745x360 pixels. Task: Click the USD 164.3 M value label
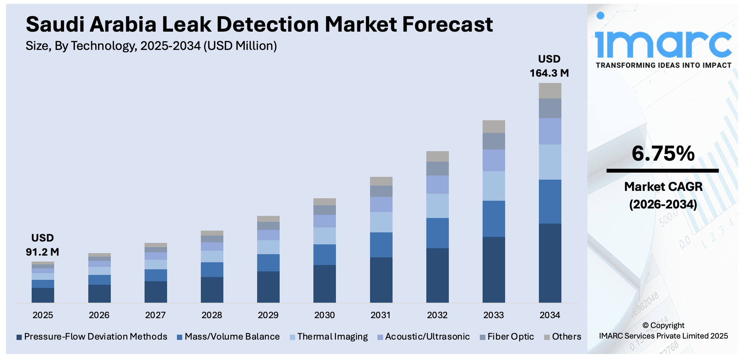pos(549,66)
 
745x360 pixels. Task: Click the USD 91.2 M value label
pos(43,245)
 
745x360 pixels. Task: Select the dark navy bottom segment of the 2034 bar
pos(550,263)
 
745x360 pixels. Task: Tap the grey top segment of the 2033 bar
pos(494,127)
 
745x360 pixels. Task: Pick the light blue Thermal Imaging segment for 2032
pos(437,206)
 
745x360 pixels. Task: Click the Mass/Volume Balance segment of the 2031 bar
pos(381,245)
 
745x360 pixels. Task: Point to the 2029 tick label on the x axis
pos(268,315)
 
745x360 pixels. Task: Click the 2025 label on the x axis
pos(43,315)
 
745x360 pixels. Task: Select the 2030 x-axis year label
pos(324,315)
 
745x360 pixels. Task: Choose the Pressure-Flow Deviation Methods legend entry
pos(92,337)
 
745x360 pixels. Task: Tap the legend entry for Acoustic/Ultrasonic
pos(424,337)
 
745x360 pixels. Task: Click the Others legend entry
pos(562,337)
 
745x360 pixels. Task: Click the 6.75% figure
pos(663,154)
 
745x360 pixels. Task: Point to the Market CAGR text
pos(663,187)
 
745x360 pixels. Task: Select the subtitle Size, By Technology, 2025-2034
pos(151,46)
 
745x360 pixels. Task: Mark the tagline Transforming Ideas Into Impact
pos(663,65)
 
